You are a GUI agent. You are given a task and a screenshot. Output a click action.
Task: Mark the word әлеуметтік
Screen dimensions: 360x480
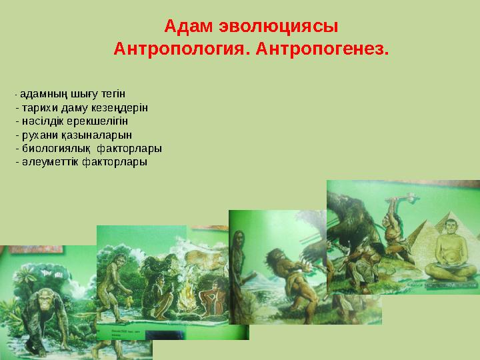pos(49,162)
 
